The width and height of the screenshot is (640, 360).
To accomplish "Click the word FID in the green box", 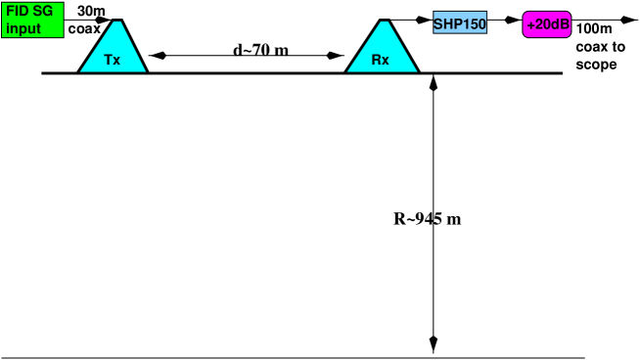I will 17,11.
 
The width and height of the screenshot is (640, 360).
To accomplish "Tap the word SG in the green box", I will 42,11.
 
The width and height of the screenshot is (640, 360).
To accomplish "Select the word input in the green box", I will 23,28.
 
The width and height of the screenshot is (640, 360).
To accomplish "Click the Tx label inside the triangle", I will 113,60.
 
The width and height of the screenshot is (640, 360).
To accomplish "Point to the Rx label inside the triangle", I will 381,60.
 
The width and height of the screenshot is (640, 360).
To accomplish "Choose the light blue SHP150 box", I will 460,23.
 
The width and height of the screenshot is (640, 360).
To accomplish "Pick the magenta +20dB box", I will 547,24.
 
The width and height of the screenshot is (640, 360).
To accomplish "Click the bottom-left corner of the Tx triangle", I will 81,70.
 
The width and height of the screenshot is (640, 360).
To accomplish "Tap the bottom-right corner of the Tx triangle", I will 145,70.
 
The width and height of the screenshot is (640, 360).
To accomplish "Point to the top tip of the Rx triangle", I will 384,22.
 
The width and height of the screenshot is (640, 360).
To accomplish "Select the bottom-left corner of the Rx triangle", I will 348,70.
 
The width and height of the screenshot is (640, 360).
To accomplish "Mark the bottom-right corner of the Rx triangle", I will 416,70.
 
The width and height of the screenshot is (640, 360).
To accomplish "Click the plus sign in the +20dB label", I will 531,24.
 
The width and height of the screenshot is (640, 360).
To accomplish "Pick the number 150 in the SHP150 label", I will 474,23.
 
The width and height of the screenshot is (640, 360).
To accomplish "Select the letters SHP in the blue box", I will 447,23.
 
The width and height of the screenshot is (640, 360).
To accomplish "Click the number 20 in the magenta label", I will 543,24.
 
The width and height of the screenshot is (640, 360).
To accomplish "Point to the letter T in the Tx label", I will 109,60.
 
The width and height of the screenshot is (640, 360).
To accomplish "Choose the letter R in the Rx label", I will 377,60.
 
